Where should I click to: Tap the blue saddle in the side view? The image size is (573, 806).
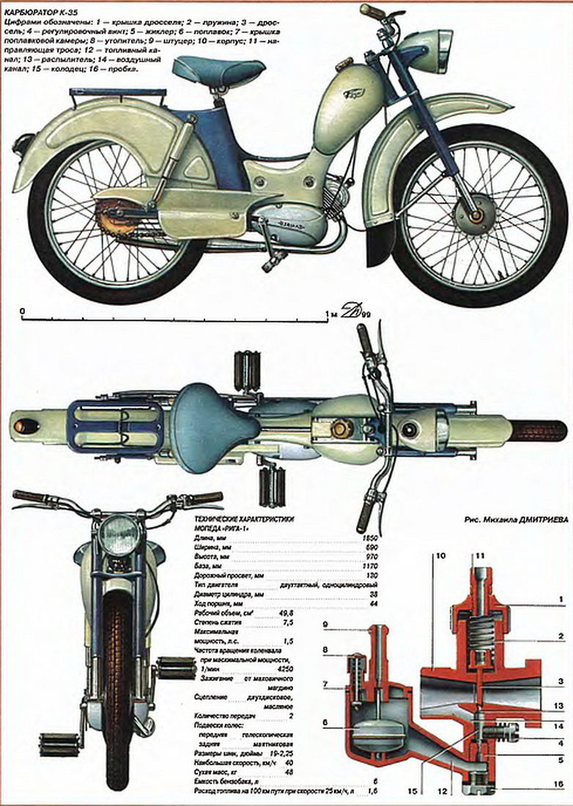(x=218, y=69)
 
